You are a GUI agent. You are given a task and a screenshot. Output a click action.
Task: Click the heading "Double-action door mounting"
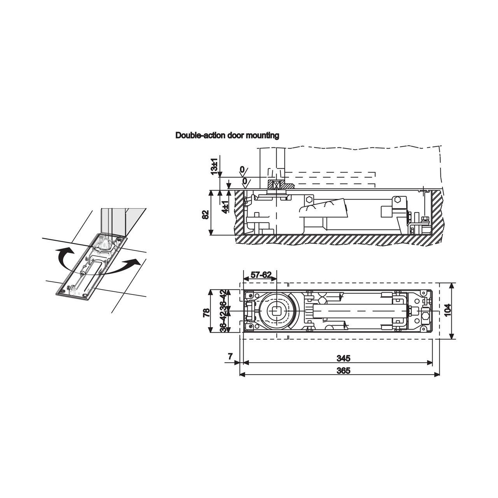(227, 135)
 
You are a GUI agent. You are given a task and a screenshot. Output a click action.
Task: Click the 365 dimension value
(344, 371)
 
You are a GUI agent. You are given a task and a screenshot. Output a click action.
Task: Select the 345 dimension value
(344, 358)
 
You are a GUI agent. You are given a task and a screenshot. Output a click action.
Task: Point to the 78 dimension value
(207, 313)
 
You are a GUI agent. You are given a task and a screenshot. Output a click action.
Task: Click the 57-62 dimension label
(261, 275)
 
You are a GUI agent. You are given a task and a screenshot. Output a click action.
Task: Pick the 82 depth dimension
(205, 214)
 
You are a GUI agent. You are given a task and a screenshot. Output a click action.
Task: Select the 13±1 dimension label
(214, 166)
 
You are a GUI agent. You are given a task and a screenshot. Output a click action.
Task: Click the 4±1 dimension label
(225, 207)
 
